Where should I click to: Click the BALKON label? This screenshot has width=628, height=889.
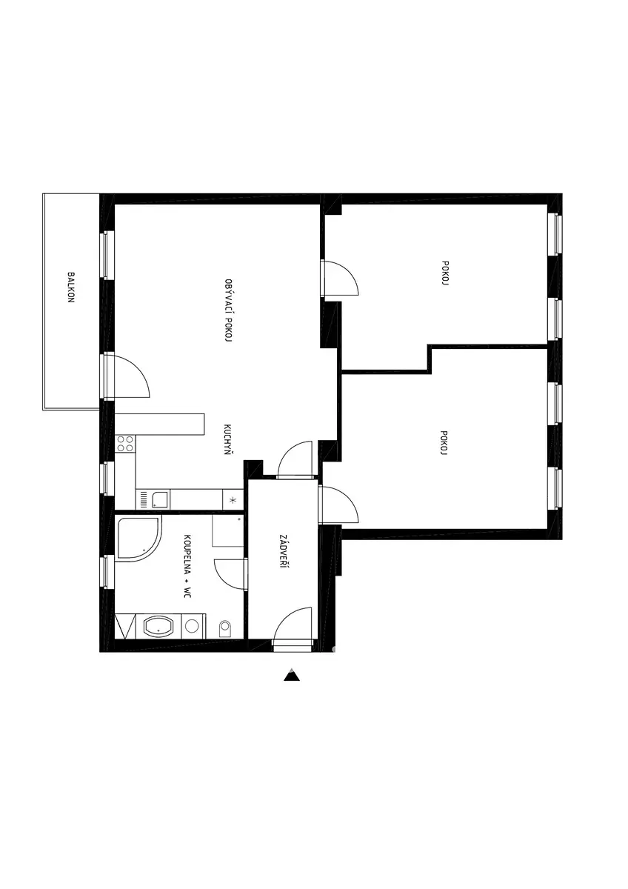click(x=71, y=287)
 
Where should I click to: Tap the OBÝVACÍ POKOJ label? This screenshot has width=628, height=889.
click(x=228, y=310)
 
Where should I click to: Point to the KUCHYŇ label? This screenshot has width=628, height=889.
click(x=227, y=439)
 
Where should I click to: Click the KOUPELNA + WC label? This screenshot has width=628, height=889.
click(x=187, y=566)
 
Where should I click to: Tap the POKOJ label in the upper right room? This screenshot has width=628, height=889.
click(x=445, y=273)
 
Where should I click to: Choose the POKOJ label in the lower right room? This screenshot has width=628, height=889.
click(x=444, y=442)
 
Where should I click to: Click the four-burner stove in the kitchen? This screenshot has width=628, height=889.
click(x=125, y=443)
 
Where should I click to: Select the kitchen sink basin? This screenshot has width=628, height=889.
click(x=160, y=499)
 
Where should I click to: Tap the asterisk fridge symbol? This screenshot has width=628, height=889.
click(x=233, y=500)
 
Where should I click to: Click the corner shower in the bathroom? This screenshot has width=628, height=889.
click(x=138, y=539)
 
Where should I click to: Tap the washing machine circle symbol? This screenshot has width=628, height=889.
click(x=192, y=626)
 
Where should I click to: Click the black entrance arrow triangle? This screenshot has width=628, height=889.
click(x=292, y=675)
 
